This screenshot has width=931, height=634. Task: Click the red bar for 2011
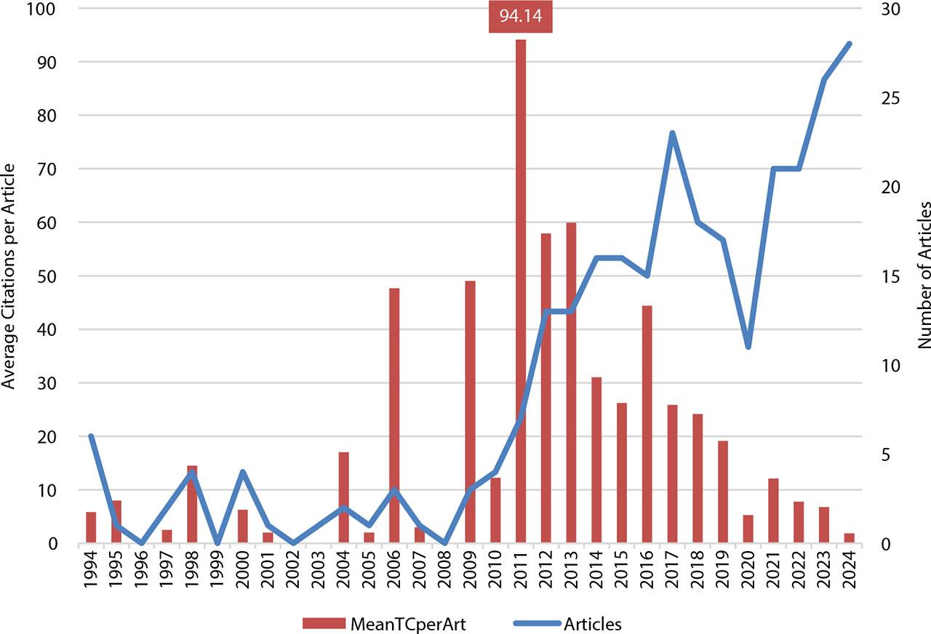pos(521,291)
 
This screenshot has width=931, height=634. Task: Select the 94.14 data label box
pos(521,15)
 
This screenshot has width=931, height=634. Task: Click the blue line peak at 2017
pos(672,133)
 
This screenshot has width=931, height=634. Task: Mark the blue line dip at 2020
pos(748,347)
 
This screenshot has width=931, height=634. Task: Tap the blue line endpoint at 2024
pos(849,44)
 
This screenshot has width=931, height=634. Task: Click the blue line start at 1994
pos(91,436)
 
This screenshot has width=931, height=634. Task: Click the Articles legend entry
pos(571,623)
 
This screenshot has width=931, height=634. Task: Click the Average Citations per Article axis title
pos(10,276)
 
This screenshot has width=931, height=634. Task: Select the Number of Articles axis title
pos(922,276)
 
